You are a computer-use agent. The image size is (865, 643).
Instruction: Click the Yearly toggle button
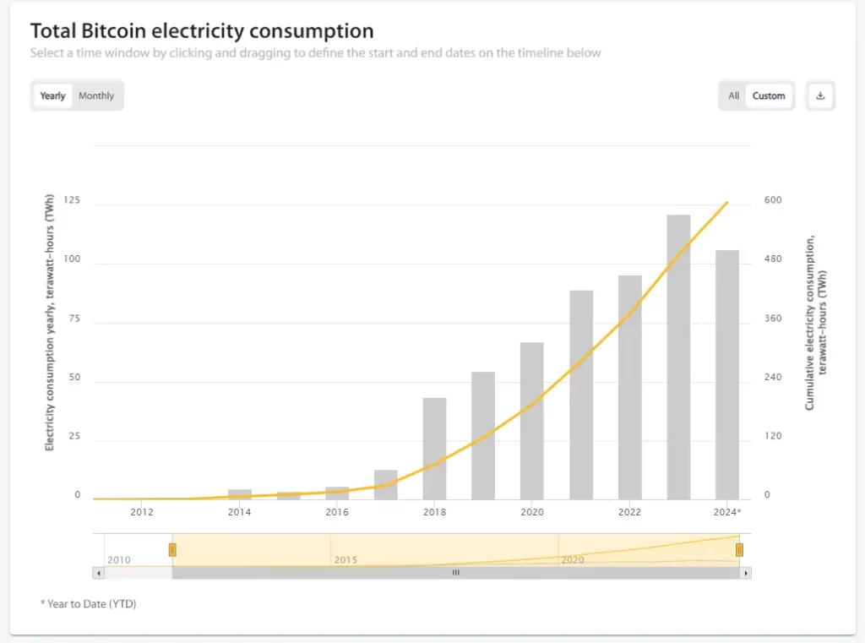(x=52, y=95)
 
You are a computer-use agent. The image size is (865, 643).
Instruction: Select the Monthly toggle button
(x=96, y=95)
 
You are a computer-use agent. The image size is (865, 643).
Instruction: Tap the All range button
(x=733, y=95)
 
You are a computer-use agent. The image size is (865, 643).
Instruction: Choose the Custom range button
(x=769, y=95)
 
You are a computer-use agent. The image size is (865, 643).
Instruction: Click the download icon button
(x=819, y=95)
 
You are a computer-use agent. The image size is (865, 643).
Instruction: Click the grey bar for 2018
(x=434, y=448)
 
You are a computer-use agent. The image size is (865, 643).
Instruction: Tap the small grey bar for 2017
(x=386, y=484)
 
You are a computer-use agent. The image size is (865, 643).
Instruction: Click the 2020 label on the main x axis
(x=531, y=512)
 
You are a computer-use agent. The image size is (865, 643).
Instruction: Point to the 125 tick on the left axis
(x=71, y=200)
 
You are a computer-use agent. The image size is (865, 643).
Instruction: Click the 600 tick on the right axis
(x=773, y=200)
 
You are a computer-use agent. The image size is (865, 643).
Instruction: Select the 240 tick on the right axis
(x=773, y=378)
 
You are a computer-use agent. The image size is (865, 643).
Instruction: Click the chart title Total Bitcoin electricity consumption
(x=202, y=32)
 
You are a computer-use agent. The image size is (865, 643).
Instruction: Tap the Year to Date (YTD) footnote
(x=88, y=604)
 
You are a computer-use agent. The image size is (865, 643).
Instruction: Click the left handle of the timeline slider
(x=172, y=550)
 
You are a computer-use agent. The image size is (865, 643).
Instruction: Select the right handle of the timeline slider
(x=739, y=550)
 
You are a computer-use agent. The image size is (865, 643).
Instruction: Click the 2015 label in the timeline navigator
(x=346, y=560)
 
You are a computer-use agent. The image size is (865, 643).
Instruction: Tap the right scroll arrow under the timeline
(x=745, y=573)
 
